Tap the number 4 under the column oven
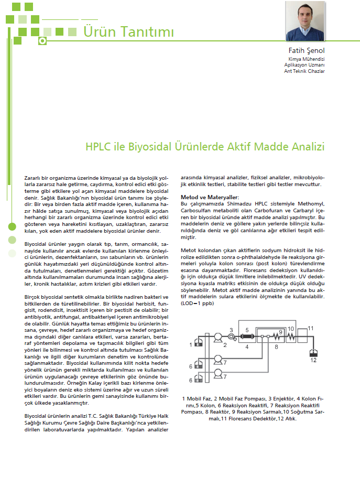coord(246,346)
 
